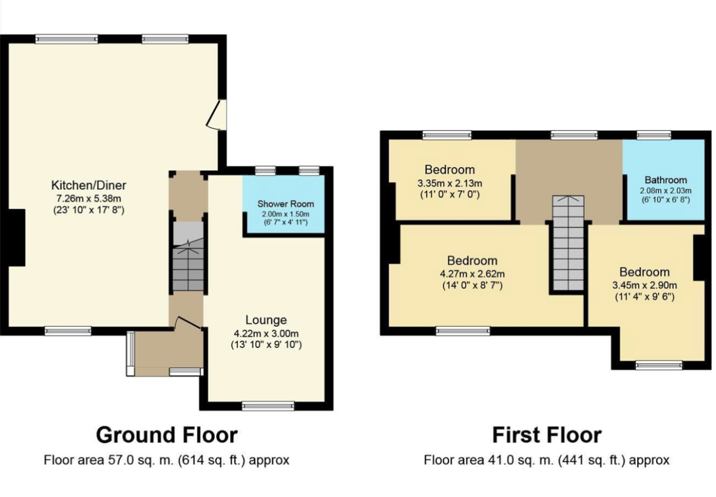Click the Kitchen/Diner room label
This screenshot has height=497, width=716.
click(x=89, y=185)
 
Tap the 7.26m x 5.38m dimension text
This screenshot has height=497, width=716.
click(x=89, y=198)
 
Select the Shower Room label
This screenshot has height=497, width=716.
click(x=286, y=204)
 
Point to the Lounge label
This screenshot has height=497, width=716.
click(x=266, y=320)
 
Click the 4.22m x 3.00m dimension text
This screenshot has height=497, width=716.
click(x=266, y=334)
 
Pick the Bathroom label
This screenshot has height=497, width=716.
click(x=666, y=180)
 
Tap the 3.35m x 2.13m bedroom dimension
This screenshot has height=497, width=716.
click(x=450, y=184)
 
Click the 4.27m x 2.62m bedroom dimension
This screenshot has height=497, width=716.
click(x=472, y=274)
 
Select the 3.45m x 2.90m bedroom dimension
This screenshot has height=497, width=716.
click(x=645, y=285)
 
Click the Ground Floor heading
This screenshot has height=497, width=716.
click(x=167, y=436)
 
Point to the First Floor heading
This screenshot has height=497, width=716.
click(x=547, y=436)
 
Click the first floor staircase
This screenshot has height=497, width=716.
click(x=569, y=243)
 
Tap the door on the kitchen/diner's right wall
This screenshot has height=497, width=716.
click(x=217, y=115)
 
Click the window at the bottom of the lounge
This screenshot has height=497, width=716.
click(x=268, y=406)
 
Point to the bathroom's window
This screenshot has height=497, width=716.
click(x=654, y=135)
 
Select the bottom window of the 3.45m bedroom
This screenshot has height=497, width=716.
click(x=659, y=365)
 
